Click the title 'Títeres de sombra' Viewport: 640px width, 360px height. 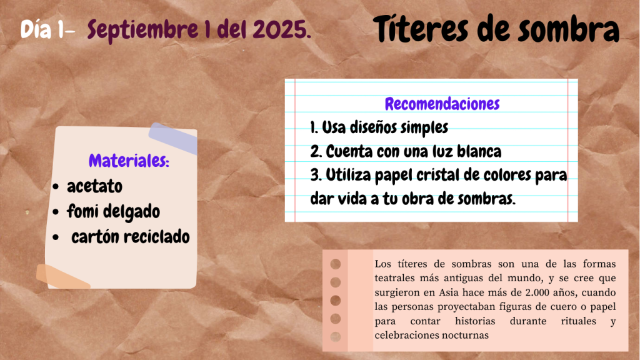tap(496, 29)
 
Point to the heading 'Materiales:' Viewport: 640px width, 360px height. tap(129, 161)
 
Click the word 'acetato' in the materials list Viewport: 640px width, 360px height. tap(95, 186)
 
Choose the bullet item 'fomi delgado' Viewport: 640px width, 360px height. tap(114, 212)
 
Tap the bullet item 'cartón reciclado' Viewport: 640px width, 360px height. tap(131, 237)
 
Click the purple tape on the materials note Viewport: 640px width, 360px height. tap(174, 138)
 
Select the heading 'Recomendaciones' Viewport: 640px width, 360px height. tap(442, 104)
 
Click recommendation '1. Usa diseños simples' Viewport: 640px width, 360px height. tap(379, 127)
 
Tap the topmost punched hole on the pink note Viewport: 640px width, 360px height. tap(336, 264)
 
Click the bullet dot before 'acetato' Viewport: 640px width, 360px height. tap(56, 187)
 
